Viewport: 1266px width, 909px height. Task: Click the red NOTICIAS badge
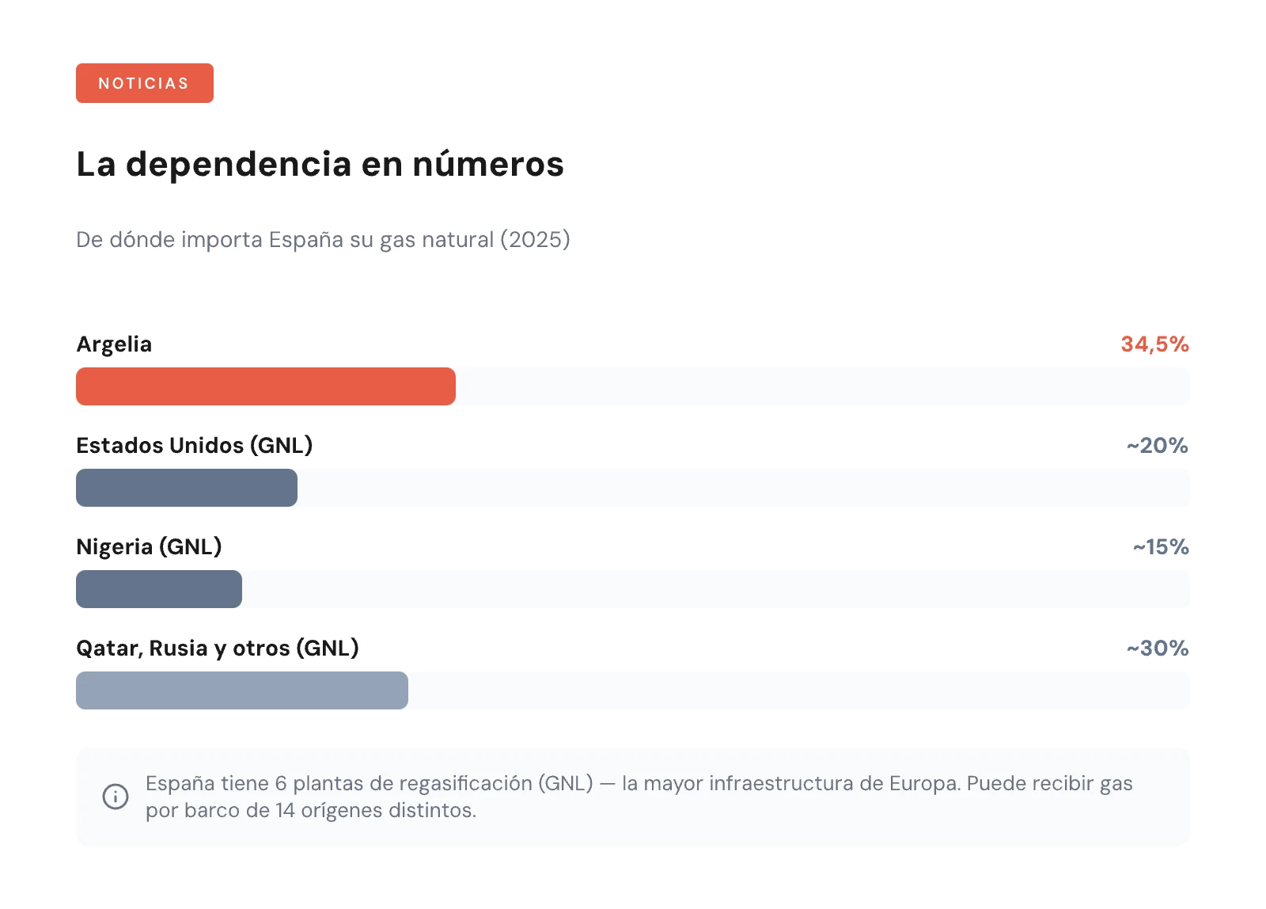pyautogui.click(x=144, y=83)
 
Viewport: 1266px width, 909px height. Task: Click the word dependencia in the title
pyautogui.click(x=238, y=164)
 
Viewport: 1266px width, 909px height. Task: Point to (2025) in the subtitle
pyautogui.click(x=535, y=239)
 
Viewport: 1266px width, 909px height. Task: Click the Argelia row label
pyautogui.click(x=114, y=344)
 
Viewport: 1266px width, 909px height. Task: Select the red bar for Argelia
pyautogui.click(x=265, y=386)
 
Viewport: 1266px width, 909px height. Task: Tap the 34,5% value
pyautogui.click(x=1154, y=344)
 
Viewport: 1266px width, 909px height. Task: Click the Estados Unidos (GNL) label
pyautogui.click(x=194, y=446)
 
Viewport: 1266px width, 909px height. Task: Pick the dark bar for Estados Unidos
pyautogui.click(x=186, y=488)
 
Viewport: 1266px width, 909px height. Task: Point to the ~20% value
pyautogui.click(x=1158, y=446)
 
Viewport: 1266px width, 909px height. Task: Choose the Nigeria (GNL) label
pyautogui.click(x=149, y=547)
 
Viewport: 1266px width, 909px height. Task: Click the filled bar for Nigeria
pyautogui.click(x=158, y=589)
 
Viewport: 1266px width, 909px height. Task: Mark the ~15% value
pyautogui.click(x=1161, y=547)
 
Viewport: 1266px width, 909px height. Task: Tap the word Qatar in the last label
pyautogui.click(x=108, y=648)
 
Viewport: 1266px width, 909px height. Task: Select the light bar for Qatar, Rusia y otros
pyautogui.click(x=241, y=690)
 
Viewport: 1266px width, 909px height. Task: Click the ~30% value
pyautogui.click(x=1158, y=648)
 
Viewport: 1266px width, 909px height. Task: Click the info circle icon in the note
pyautogui.click(x=116, y=797)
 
